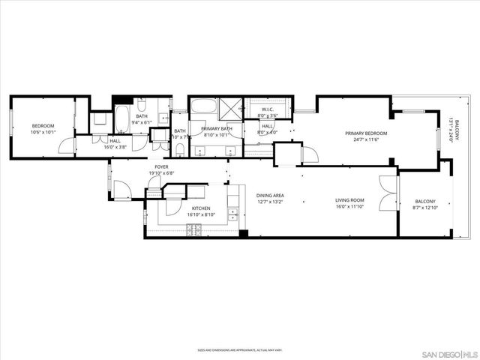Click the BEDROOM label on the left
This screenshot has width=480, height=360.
point(43,125)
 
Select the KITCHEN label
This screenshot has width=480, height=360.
point(200,208)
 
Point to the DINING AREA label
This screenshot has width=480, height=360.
point(270,195)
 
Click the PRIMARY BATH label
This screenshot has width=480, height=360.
point(217,129)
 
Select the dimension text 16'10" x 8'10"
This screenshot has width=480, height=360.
point(200,214)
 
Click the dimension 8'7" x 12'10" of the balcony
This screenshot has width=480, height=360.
point(424,208)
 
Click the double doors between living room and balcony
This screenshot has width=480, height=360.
point(387,193)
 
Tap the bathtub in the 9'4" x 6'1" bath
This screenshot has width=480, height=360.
point(121,118)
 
